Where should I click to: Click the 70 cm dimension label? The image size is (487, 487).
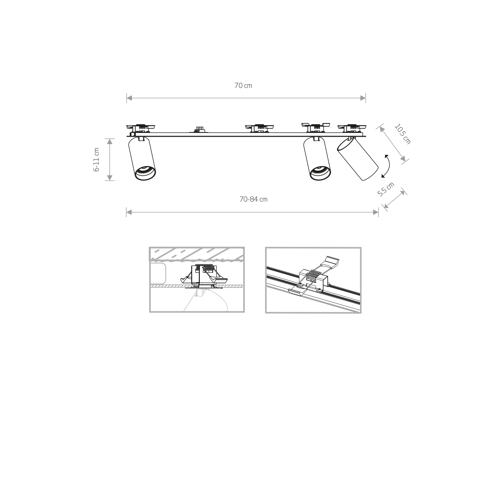[243, 86]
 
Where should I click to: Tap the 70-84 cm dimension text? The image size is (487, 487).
[253, 199]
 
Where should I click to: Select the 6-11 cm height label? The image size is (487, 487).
[96, 159]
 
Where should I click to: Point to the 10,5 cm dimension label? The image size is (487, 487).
[402, 134]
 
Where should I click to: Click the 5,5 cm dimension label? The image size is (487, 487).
[386, 189]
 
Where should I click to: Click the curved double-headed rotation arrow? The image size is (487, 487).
[386, 166]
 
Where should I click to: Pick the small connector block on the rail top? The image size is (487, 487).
[199, 130]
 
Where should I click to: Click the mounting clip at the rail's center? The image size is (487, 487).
[260, 128]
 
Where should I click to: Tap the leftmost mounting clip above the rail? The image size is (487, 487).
[141, 128]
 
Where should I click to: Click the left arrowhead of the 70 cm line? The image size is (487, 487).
[129, 98]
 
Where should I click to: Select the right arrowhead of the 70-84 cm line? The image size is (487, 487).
[375, 212]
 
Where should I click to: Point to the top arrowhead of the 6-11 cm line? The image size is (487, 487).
[110, 142]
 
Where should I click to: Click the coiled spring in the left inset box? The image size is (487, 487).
[205, 267]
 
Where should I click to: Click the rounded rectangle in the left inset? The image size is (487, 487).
[158, 273]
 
